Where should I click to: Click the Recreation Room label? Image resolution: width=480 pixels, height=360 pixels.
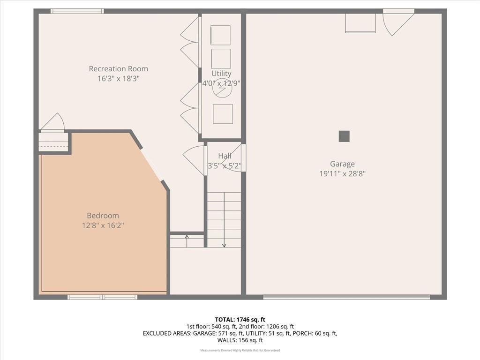(119, 69)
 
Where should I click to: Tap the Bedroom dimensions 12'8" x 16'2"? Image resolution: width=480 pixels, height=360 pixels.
(103, 225)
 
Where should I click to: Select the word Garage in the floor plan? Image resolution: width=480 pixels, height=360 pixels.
(342, 164)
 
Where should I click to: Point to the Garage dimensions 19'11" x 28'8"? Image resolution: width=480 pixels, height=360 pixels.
(343, 174)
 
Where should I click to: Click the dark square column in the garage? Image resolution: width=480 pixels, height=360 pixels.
(344, 136)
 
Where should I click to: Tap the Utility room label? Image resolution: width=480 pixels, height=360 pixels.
(221, 74)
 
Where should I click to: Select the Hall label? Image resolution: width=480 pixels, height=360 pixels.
(225, 156)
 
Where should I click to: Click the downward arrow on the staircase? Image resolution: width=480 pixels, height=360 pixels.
(224, 219)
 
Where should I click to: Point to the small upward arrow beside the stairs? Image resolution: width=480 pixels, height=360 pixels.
(187, 241)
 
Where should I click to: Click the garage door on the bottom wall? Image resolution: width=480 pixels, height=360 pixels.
(346, 297)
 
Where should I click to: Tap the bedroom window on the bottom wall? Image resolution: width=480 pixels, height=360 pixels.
(102, 297)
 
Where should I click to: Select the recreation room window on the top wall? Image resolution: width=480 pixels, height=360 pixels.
(77, 11)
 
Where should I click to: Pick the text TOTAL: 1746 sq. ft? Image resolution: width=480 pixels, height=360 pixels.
(240, 320)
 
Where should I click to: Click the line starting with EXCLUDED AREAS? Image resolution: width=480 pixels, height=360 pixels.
(240, 333)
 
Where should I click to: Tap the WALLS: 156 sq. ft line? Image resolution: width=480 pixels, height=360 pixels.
(240, 340)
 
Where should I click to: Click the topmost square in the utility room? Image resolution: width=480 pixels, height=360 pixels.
(220, 35)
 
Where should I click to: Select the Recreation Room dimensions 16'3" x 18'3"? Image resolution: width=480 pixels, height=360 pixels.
(119, 79)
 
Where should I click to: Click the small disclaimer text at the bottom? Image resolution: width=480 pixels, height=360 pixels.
(240, 350)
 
